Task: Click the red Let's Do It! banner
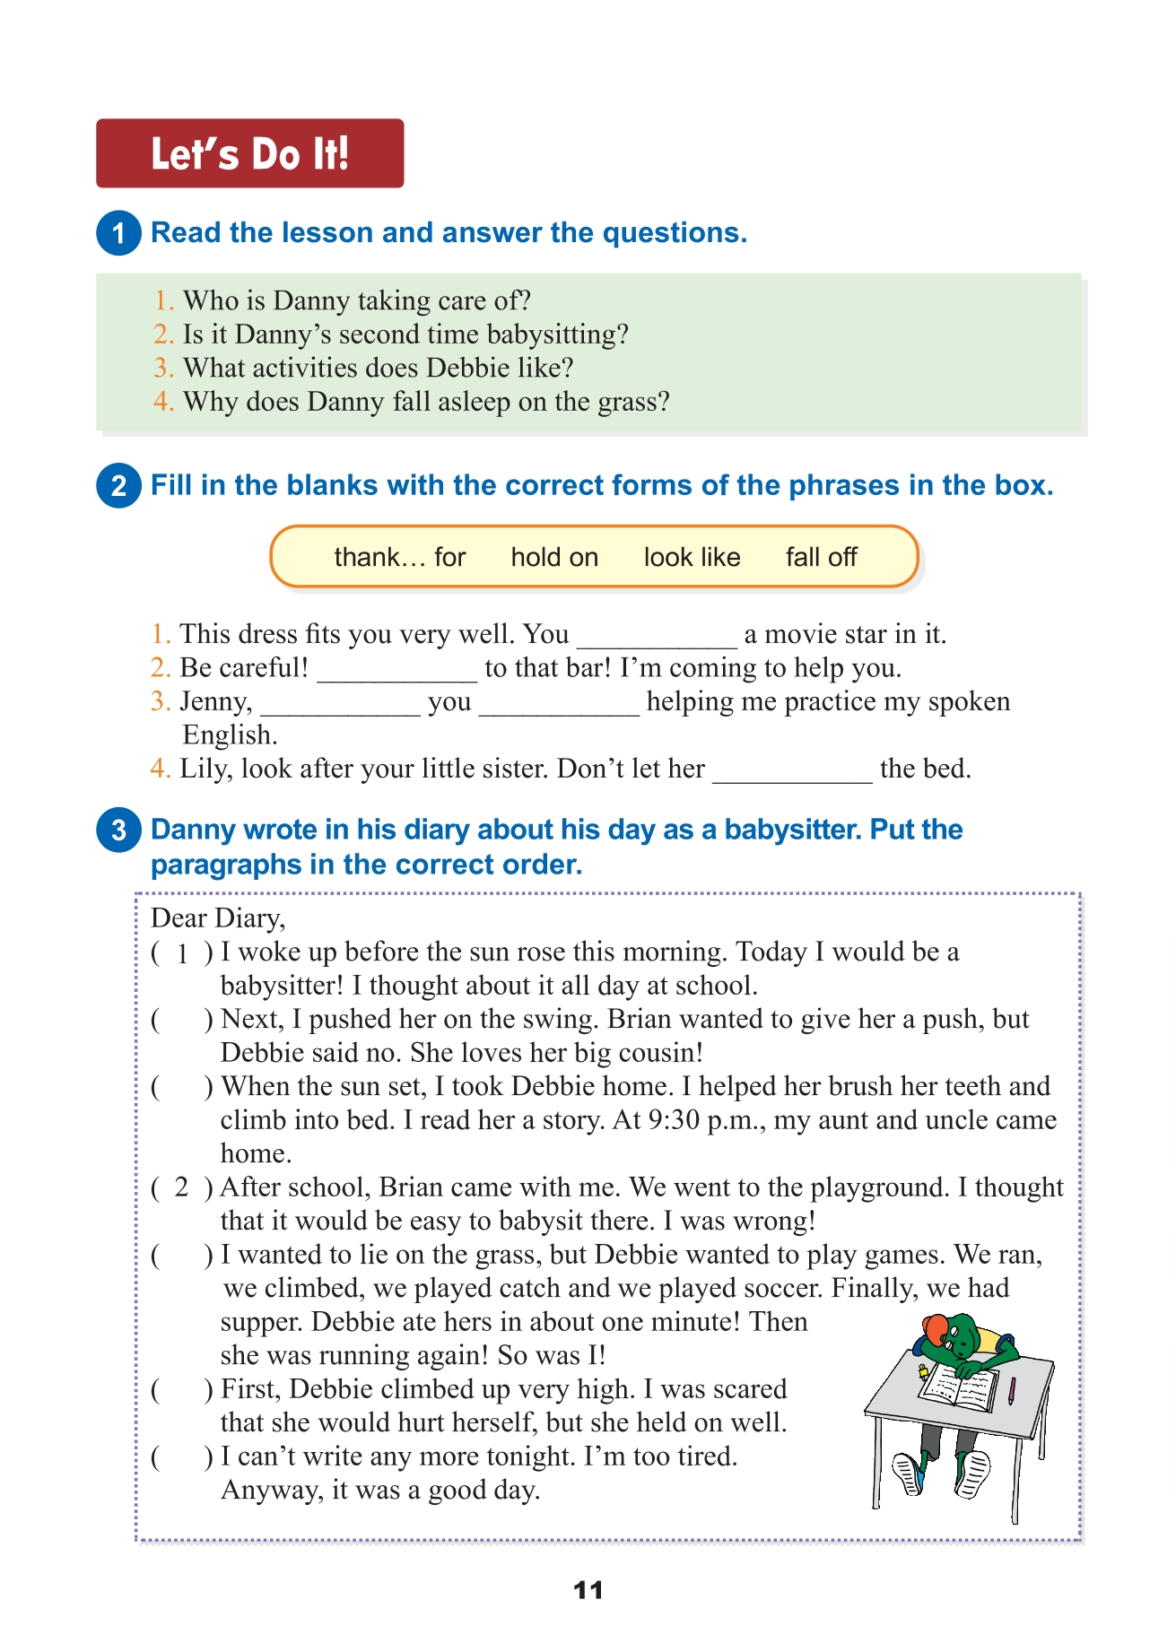[249, 153]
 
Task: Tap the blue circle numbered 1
[118, 233]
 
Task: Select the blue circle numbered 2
[118, 486]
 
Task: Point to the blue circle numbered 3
[118, 830]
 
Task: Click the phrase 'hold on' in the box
[554, 557]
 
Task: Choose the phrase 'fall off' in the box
[821, 557]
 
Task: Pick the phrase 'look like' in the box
[692, 557]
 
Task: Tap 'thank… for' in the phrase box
[400, 557]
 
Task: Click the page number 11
[588, 1590]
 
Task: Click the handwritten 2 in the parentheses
[182, 1187]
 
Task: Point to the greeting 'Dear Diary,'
[218, 917]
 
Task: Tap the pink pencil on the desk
[1012, 1390]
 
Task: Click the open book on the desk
[958, 1389]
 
